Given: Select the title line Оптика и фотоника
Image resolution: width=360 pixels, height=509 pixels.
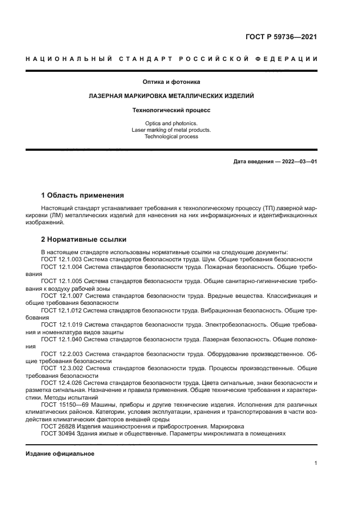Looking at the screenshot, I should (172, 82).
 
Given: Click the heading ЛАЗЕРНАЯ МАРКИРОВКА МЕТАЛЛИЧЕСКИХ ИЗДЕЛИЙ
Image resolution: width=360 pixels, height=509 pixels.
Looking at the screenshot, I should (172, 96).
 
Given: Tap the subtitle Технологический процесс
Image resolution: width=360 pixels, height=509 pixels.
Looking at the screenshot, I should (172, 110).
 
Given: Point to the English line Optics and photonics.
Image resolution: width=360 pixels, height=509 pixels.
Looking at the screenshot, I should (172, 124).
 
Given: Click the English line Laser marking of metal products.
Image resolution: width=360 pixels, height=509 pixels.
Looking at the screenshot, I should (172, 130).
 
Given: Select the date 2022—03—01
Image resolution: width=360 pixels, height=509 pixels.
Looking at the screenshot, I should (298, 162).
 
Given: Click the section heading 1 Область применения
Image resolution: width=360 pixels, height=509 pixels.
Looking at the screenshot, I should (83, 195).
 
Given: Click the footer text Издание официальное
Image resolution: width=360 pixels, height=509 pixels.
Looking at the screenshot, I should (60, 453).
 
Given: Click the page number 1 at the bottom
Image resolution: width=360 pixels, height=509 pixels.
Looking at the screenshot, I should (315, 463).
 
